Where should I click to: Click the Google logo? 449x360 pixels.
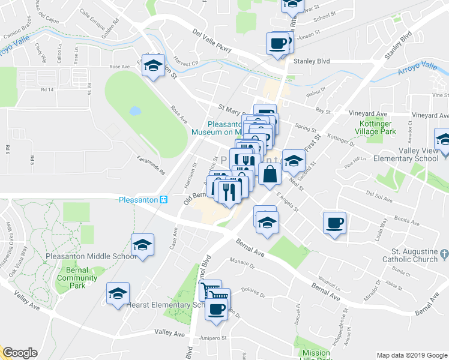[20, 353]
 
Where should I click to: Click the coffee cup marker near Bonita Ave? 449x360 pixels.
[335, 224]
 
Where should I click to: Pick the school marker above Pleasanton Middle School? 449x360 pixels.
[143, 245]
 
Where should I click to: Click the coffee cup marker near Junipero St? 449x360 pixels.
[217, 310]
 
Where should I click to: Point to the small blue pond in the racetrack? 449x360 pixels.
[134, 111]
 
